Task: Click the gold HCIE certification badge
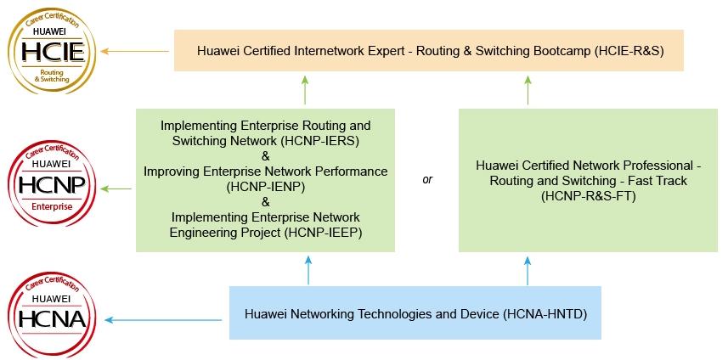(x=52, y=51)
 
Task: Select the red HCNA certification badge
(x=52, y=315)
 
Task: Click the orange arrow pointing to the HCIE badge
(x=135, y=51)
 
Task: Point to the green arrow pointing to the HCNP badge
(x=116, y=188)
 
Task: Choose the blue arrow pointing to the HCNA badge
(x=163, y=319)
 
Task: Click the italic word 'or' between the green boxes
(x=427, y=179)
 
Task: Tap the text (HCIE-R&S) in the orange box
(x=629, y=51)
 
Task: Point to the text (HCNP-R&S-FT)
(x=588, y=196)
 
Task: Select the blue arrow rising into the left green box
(x=308, y=271)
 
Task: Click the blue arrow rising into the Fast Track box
(x=528, y=272)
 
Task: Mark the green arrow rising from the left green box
(x=305, y=90)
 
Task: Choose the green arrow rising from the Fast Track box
(x=528, y=90)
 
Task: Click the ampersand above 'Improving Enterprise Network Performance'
(x=266, y=156)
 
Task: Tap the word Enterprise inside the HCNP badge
(x=52, y=206)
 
